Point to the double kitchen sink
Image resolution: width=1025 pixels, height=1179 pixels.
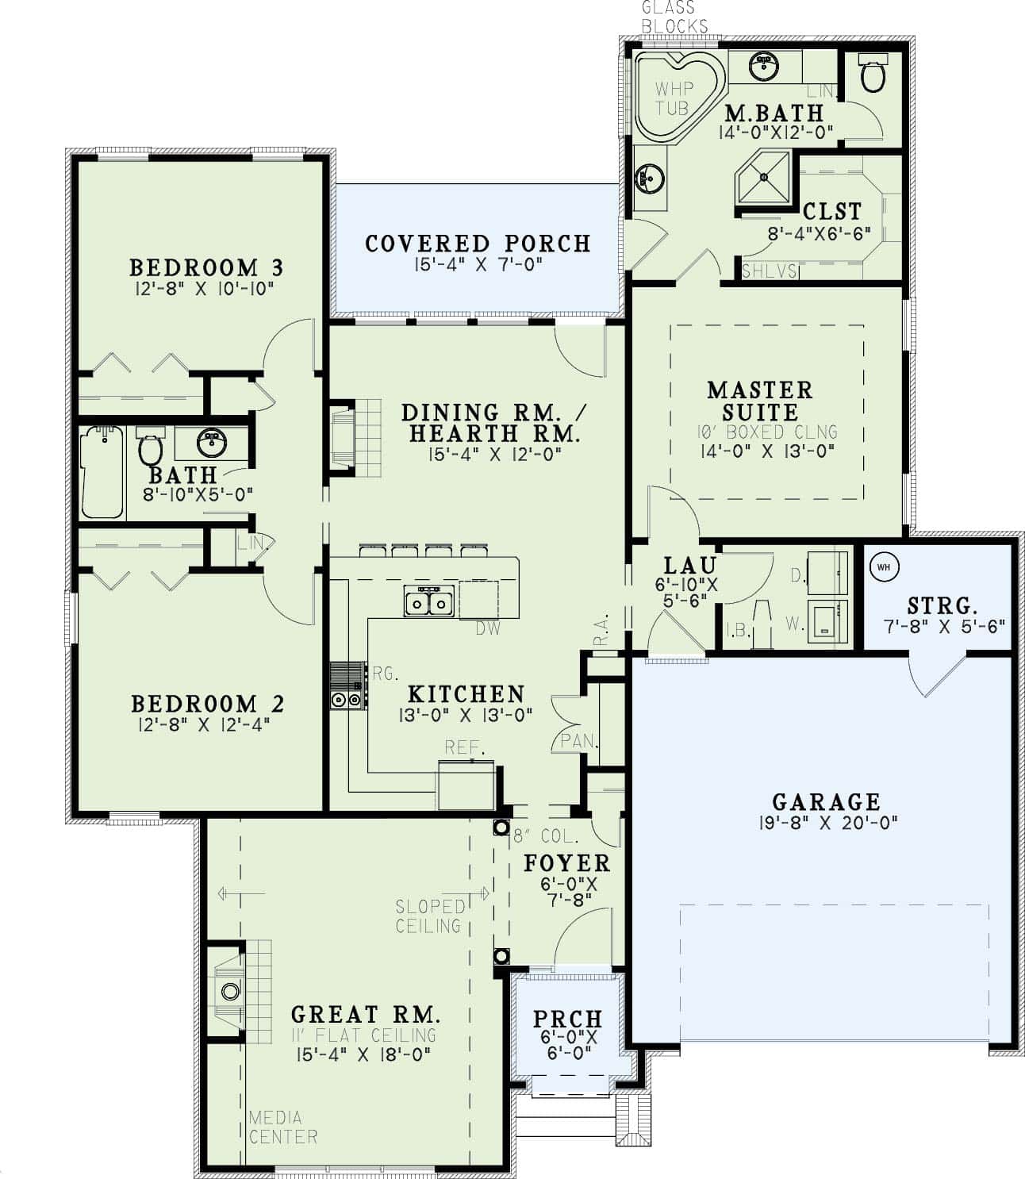[428, 602]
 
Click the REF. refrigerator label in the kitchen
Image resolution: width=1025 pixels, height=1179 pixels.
[464, 747]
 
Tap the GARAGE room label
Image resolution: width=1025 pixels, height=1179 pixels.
[827, 801]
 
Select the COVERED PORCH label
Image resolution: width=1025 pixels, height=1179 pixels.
[478, 243]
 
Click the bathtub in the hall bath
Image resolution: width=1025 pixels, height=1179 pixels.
[102, 473]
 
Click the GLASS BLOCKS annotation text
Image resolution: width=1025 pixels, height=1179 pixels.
[674, 17]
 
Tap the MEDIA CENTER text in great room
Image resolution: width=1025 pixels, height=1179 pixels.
[282, 1127]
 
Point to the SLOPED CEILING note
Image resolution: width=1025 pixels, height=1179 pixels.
[429, 916]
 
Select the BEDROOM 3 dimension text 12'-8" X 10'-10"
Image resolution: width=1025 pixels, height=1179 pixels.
[204, 288]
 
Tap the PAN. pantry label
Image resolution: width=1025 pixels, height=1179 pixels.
[578, 741]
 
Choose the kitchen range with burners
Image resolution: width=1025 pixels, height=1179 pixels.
[347, 686]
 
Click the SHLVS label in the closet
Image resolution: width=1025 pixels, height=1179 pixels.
[769, 271]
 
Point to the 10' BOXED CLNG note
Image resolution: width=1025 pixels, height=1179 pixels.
[768, 432]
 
